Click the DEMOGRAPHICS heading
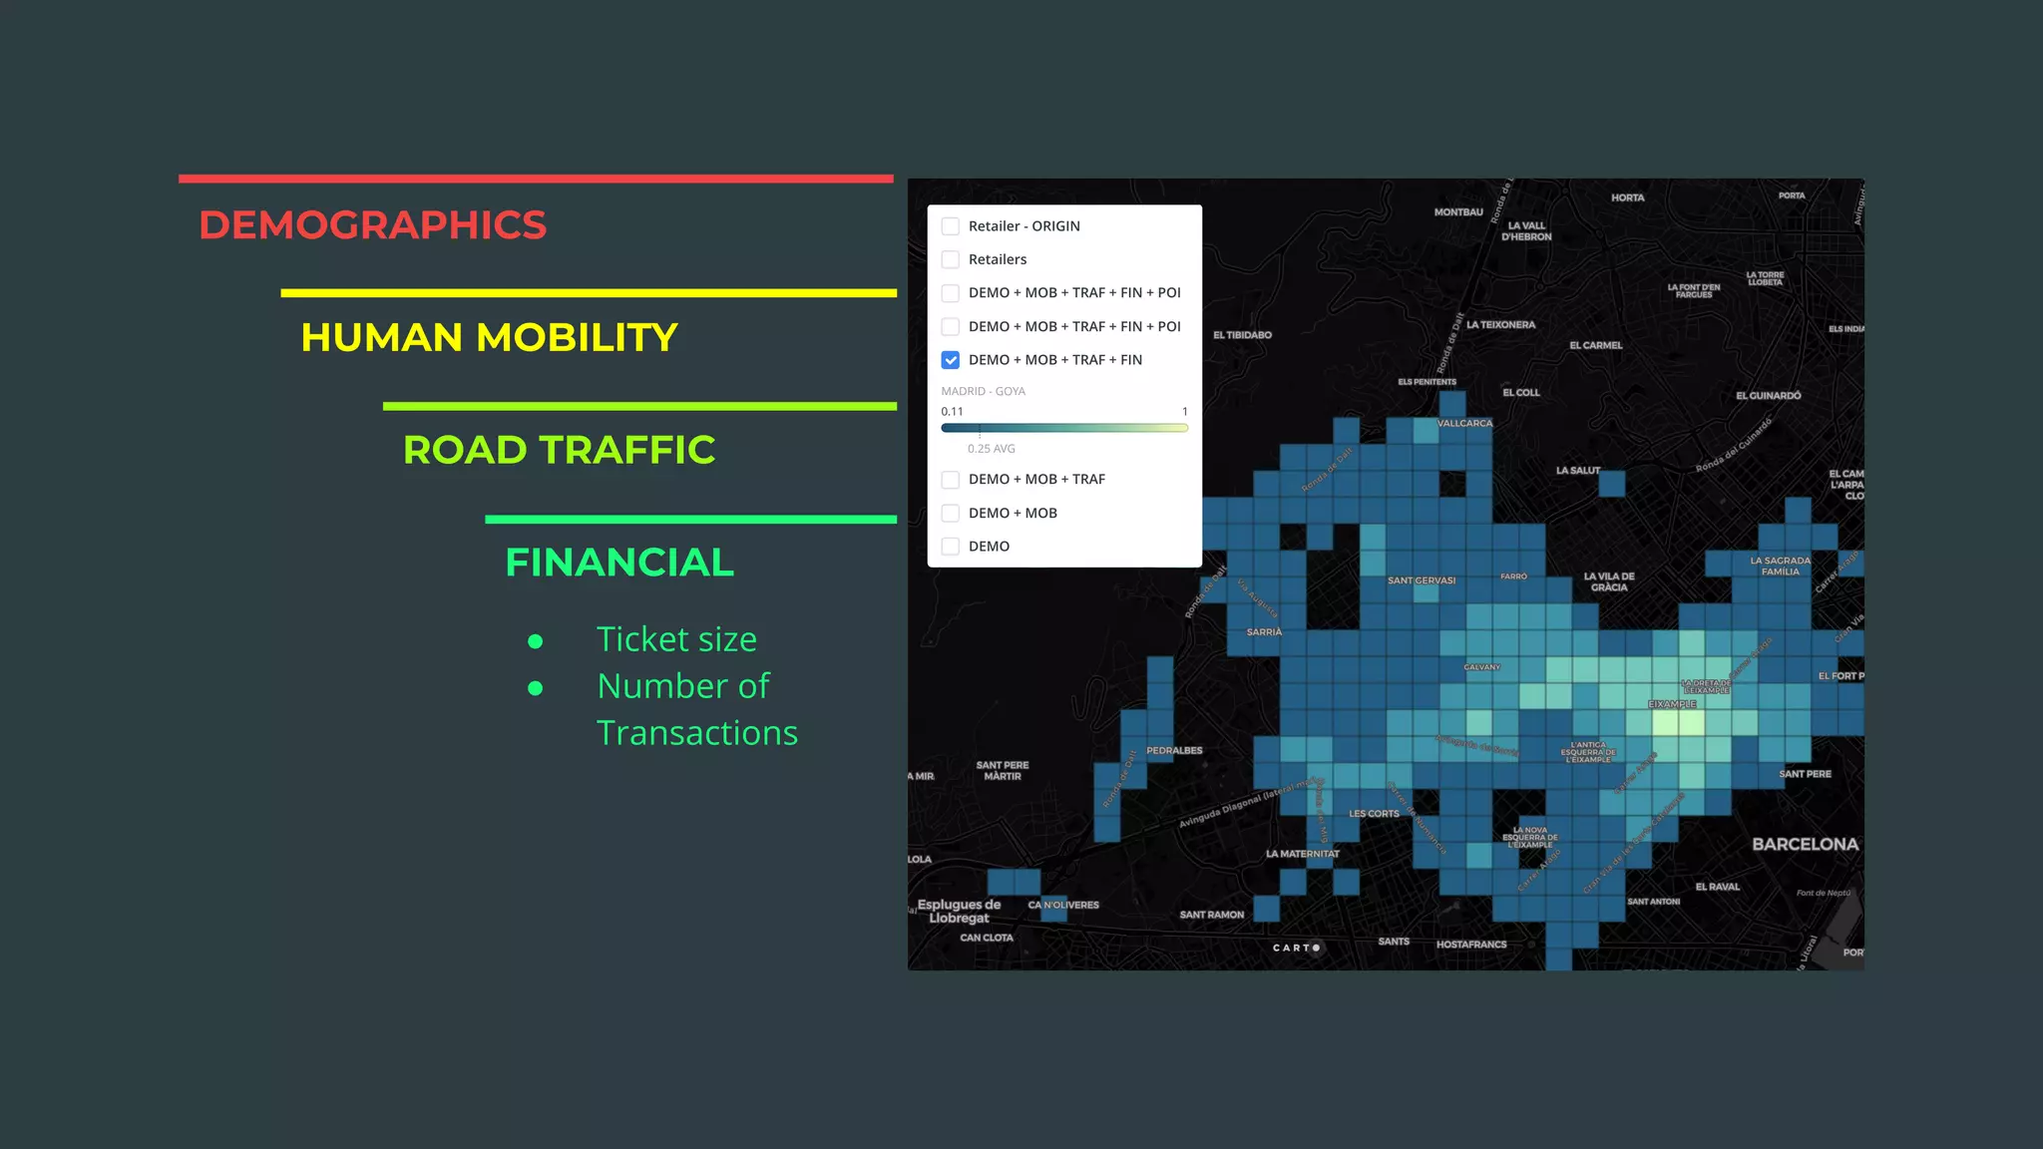click(372, 225)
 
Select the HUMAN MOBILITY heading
click(489, 338)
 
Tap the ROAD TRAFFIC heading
click(559, 451)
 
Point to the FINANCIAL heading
click(619, 564)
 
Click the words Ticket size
click(676, 639)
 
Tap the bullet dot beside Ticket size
click(536, 641)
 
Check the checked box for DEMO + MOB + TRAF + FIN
click(951, 360)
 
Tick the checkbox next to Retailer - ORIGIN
click(951, 226)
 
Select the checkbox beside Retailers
click(951, 259)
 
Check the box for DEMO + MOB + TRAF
click(951, 480)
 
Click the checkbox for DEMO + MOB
click(951, 513)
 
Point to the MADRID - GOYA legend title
click(983, 391)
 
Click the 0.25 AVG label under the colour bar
click(991, 449)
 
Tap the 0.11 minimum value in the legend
click(952, 412)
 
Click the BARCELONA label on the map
click(1805, 845)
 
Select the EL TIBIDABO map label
click(1242, 335)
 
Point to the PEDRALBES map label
click(1174, 751)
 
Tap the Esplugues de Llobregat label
click(959, 912)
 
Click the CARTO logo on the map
click(1296, 948)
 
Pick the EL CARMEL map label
click(1595, 346)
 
